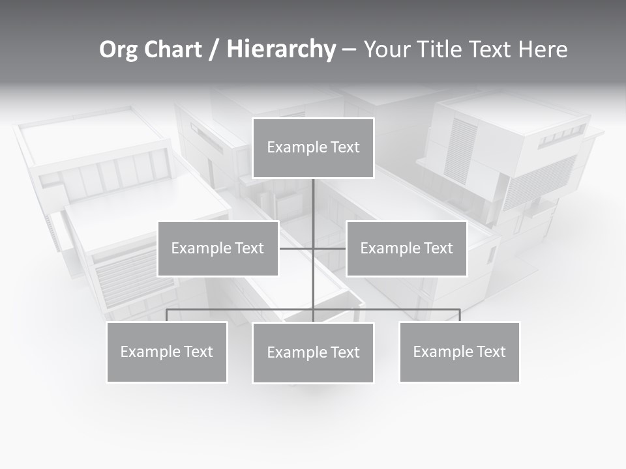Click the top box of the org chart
pos(313,148)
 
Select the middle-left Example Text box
pos(218,248)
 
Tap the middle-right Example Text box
pos(406,248)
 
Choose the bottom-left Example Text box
pos(166,352)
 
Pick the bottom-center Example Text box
pos(313,352)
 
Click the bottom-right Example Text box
pos(459,352)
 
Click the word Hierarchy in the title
pos(281,49)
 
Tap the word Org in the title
pos(119,49)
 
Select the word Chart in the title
pos(173,49)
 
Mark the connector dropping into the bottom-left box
pos(166,315)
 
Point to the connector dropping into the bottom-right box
pos(460,315)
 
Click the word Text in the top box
pos(344,147)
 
